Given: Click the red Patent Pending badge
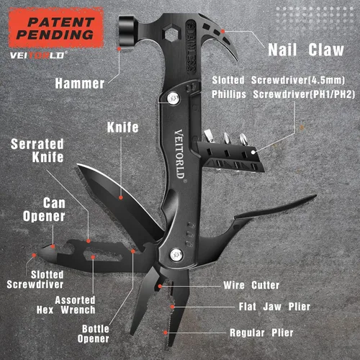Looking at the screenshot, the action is [x=56, y=27].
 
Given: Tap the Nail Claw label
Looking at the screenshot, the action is [x=306, y=50].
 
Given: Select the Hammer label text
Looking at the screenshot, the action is [x=80, y=84].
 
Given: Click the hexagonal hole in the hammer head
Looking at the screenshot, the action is [x=171, y=34].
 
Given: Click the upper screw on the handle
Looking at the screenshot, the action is [x=174, y=99].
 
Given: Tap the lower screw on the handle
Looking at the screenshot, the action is [x=176, y=255].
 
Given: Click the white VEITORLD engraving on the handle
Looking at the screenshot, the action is [x=180, y=155].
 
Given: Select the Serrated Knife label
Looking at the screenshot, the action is [x=37, y=150].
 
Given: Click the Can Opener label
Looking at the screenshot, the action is [x=44, y=210].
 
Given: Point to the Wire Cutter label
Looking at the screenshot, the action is [x=251, y=285].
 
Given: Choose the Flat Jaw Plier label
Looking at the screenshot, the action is [x=274, y=307].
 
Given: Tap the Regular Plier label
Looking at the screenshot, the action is [x=261, y=333].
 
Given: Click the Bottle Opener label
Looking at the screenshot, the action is [x=94, y=334].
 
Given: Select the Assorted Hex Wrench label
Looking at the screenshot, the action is [x=66, y=305].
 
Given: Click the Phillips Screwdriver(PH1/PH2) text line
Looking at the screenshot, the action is [x=283, y=94].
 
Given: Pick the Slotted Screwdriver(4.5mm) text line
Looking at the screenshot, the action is [x=279, y=80].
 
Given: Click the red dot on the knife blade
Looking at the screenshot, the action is [x=121, y=197].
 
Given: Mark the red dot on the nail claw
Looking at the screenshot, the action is [x=223, y=31].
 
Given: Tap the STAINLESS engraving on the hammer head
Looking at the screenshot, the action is [x=192, y=47].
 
